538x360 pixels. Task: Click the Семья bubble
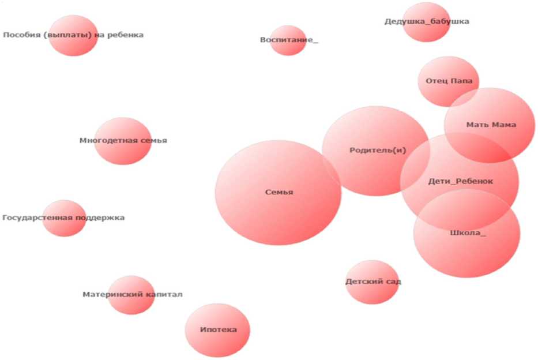click(278, 193)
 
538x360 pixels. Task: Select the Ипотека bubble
click(217, 330)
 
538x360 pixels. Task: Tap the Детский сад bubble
click(373, 282)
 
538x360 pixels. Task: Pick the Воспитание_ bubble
click(288, 40)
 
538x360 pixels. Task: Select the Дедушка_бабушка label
click(427, 22)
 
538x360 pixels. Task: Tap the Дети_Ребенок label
click(461, 181)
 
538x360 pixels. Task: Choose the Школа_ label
click(467, 233)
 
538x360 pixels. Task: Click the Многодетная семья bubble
click(123, 141)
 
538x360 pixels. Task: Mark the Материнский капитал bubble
click(131, 295)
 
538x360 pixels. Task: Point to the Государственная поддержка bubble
click(64, 218)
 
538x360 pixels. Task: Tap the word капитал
click(166, 295)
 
